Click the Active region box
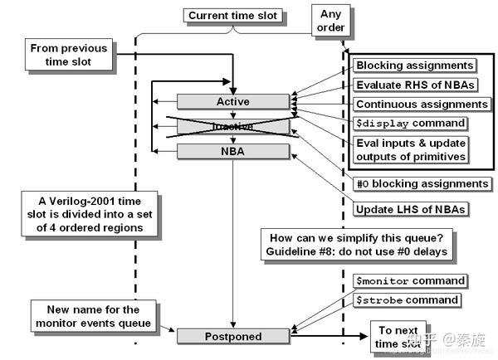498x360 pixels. point(232,101)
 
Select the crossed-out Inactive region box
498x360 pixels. point(232,126)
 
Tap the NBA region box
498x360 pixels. point(232,151)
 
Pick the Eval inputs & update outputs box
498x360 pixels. point(411,149)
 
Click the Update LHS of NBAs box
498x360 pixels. point(410,208)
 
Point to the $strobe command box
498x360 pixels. point(407,299)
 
